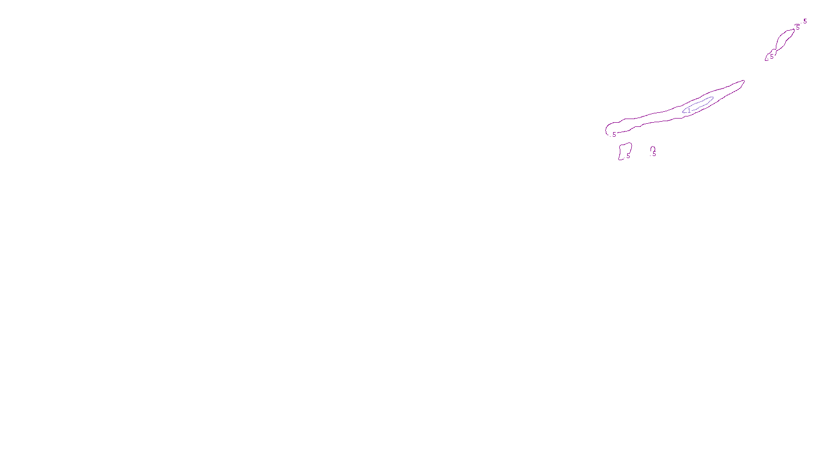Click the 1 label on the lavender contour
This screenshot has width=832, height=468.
(689, 110)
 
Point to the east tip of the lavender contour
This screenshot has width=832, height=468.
(713, 98)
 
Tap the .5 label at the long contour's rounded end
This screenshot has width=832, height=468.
(614, 135)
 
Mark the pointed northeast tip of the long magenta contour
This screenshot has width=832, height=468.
(744, 81)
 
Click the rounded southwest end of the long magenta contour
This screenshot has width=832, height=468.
(606, 130)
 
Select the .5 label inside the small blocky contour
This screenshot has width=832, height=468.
(628, 155)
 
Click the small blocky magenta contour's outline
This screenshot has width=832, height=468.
(620, 152)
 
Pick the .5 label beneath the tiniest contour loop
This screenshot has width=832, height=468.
(654, 154)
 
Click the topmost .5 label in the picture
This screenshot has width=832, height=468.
(804, 21)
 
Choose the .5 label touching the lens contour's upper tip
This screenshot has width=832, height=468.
(797, 28)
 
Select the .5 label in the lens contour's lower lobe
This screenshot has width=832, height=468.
(771, 56)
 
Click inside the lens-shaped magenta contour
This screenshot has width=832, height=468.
(784, 40)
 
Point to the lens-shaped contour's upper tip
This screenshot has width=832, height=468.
(794, 30)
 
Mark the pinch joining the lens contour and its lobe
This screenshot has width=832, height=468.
(775, 50)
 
